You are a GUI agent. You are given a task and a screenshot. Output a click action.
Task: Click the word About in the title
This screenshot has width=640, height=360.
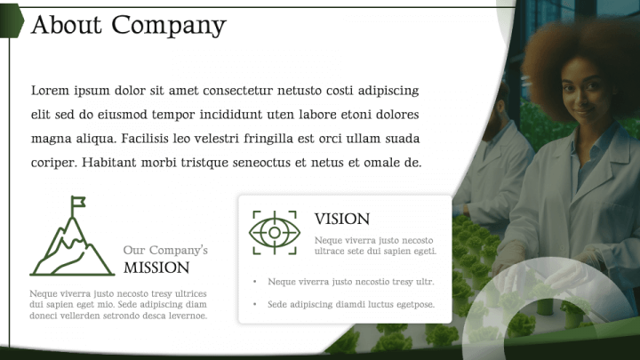tap(63, 25)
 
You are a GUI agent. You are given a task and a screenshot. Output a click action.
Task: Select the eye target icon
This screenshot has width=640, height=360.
tap(275, 229)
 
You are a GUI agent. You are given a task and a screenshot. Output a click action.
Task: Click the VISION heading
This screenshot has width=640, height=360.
tap(341, 220)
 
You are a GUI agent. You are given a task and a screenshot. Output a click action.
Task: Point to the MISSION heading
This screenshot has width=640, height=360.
tap(156, 268)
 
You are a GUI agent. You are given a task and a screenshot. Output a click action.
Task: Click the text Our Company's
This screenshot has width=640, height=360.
tap(165, 250)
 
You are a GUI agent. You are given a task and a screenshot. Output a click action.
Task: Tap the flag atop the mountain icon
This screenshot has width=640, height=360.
tap(78, 202)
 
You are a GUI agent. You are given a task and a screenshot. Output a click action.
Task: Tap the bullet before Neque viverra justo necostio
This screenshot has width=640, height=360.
tap(254, 282)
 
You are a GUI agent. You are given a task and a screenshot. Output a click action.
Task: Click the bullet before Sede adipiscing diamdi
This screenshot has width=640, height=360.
tap(254, 305)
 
